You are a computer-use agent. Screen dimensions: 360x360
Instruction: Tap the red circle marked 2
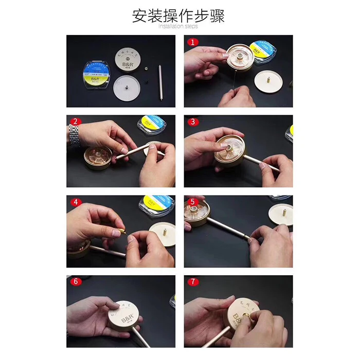(x=76, y=122)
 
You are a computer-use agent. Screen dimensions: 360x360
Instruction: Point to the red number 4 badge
(x=76, y=202)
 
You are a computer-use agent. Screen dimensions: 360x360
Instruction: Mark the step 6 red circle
(x=76, y=281)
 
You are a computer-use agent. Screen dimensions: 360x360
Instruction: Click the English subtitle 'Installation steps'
(x=178, y=26)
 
